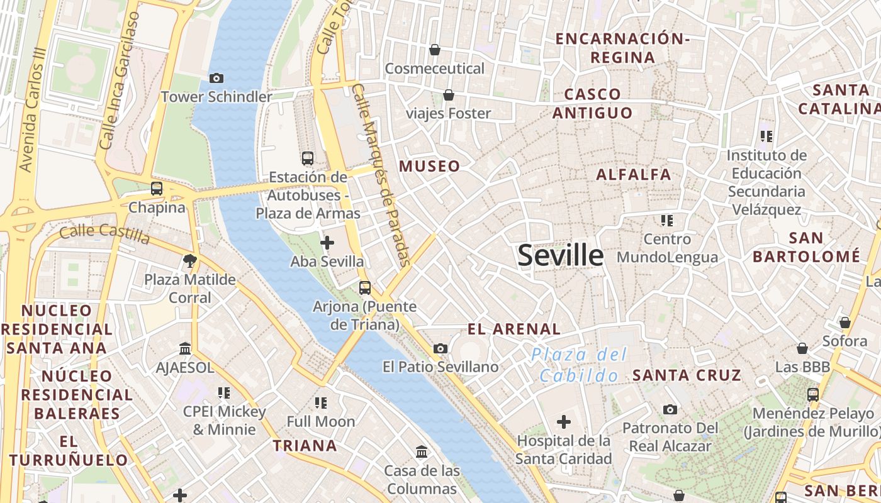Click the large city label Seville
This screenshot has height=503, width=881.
coord(560,255)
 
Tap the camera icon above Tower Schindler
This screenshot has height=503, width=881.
coord(216,79)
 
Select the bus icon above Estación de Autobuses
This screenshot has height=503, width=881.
coord(308,158)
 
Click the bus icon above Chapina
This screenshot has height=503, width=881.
coord(157,188)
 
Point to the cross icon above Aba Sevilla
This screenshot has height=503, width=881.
coord(327,242)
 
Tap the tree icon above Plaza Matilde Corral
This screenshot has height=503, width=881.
coord(189,260)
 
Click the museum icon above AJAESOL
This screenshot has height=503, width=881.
coord(185,348)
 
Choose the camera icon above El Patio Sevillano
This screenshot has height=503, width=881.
coord(441,348)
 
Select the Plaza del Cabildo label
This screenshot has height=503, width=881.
coord(579,365)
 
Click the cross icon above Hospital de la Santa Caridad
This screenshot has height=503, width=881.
coord(564,421)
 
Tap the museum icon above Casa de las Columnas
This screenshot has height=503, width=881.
coord(422,451)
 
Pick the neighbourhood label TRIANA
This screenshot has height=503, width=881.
coord(305,446)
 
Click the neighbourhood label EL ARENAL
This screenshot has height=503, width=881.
coord(514,329)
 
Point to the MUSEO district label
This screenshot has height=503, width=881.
coord(430,167)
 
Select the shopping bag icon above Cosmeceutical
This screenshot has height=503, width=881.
coord(434,49)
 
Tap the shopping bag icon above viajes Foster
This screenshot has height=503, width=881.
coord(449,95)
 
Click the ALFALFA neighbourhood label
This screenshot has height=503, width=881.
coord(634,175)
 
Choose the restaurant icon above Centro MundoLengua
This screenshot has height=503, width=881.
coord(667,220)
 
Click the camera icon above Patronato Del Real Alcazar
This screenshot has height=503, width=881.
coord(670,410)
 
